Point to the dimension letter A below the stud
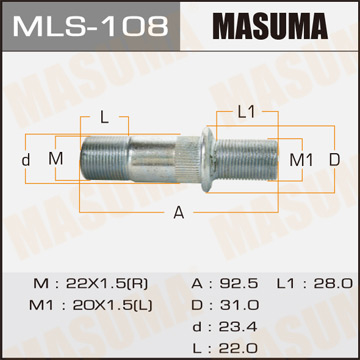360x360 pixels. pos(178,211)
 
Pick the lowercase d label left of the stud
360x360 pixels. pos(26,160)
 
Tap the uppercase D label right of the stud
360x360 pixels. pos(335,160)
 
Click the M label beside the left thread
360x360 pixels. pos(56,160)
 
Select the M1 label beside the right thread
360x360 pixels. pos(300,160)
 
